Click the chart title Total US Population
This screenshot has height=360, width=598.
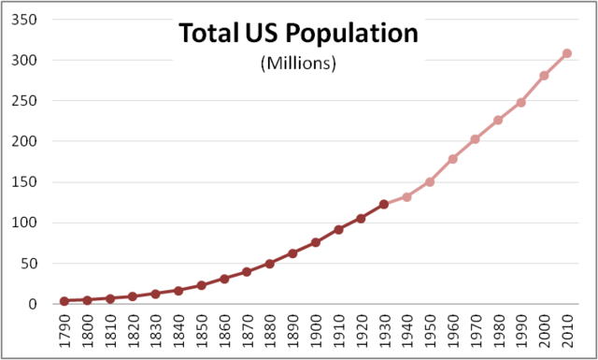(298, 34)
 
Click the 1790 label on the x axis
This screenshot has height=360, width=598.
(64, 331)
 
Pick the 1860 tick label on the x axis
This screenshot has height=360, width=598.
(224, 331)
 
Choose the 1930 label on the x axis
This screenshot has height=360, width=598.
(384, 331)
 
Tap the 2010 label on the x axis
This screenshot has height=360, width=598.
(567, 331)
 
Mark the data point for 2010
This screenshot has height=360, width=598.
(567, 53)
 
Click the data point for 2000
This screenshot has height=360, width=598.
(544, 76)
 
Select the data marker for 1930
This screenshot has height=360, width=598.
(384, 204)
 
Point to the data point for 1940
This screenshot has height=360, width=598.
(406, 197)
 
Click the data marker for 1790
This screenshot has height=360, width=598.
(64, 301)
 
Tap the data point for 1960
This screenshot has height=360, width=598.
(452, 159)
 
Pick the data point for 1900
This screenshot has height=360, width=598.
(316, 242)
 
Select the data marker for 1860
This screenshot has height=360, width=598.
(224, 279)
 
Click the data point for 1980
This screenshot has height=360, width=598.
(498, 120)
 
